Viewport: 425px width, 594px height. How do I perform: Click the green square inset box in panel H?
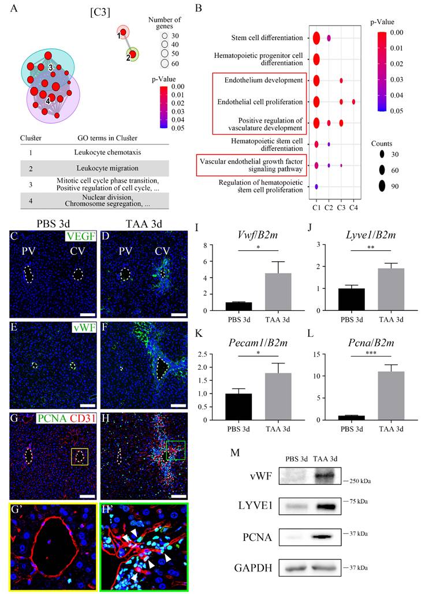[x=176, y=451]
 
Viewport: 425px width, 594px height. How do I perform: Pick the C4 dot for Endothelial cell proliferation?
[x=353, y=102]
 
